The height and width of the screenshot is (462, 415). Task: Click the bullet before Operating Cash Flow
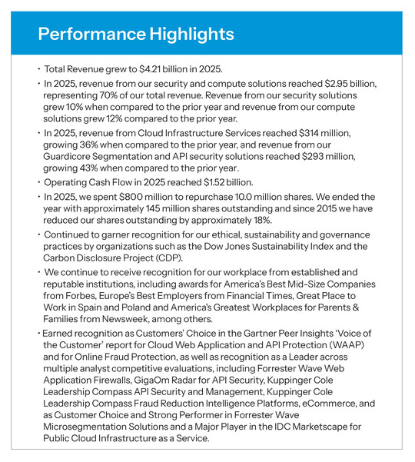tap(40, 184)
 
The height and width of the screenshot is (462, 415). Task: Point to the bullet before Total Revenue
tap(40, 68)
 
